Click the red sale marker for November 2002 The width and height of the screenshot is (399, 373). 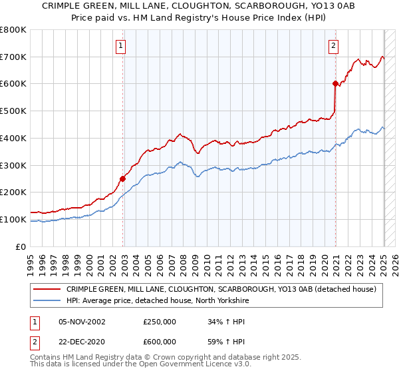(123, 178)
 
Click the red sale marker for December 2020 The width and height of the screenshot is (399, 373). (335, 83)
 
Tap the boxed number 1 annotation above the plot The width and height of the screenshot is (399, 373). (120, 46)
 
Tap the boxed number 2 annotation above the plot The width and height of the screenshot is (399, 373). (332, 46)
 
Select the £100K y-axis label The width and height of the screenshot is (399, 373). (13, 219)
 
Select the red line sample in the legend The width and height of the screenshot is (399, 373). (47, 289)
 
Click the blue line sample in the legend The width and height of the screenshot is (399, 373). (47, 300)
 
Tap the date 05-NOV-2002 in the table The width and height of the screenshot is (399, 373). (82, 322)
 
